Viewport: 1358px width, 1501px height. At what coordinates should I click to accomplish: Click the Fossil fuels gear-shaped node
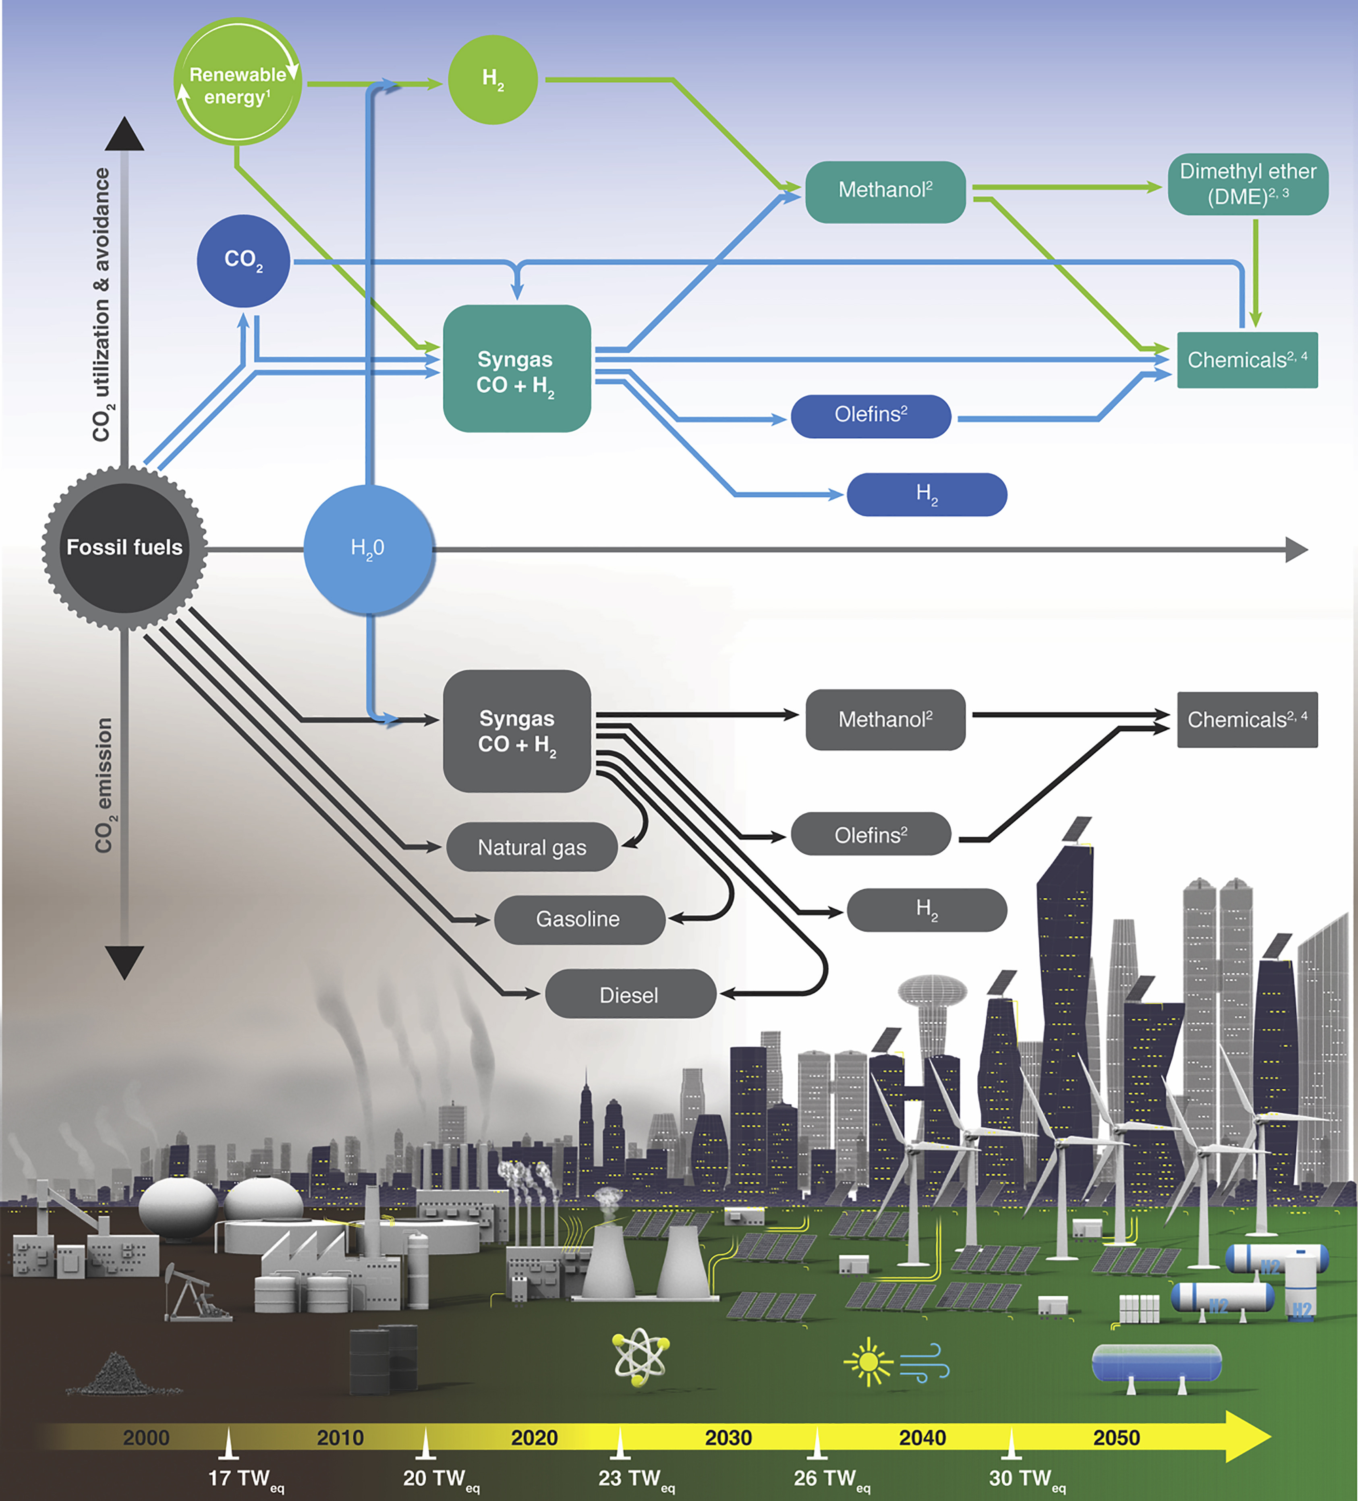(x=124, y=548)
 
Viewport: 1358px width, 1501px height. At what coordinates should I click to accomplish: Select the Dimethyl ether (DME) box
(x=1247, y=184)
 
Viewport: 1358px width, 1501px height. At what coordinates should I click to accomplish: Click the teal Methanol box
(x=885, y=191)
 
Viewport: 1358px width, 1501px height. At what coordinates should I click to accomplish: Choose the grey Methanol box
(x=885, y=719)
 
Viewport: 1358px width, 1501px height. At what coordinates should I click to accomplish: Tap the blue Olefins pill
(x=870, y=415)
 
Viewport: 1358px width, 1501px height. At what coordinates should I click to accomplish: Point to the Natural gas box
(x=532, y=847)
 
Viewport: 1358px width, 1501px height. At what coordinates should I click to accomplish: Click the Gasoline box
(x=578, y=920)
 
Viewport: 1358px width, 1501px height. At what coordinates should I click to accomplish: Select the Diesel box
(x=630, y=995)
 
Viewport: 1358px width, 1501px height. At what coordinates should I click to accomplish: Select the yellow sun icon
(x=868, y=1362)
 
